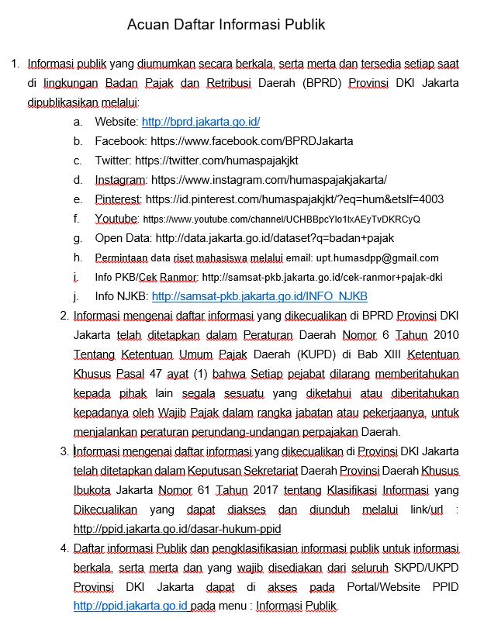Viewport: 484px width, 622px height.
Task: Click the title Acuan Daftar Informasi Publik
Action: [226, 26]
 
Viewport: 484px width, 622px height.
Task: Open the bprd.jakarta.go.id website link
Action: [201, 122]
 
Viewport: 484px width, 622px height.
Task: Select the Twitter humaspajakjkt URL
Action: [216, 161]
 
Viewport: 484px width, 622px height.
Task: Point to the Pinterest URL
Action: [294, 199]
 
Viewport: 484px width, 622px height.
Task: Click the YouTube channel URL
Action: [282, 219]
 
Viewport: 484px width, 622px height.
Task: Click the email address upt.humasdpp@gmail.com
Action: [377, 258]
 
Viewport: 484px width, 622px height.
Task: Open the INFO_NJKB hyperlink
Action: [259, 297]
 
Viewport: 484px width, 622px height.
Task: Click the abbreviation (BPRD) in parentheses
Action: [323, 83]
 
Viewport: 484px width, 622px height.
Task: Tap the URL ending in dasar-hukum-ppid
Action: [177, 529]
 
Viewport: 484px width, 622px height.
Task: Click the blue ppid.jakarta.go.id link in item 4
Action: [130, 606]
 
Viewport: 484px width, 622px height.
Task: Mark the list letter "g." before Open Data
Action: [78, 238]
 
